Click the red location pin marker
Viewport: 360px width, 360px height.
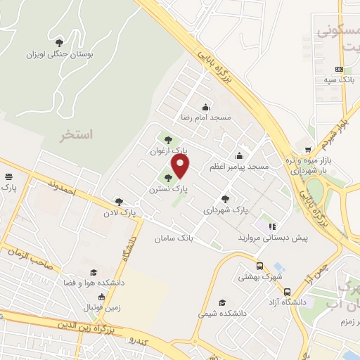[181, 167]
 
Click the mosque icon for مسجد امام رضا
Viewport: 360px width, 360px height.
[205, 108]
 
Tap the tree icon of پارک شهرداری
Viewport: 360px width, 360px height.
[225, 199]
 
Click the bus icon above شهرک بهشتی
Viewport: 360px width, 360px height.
[260, 266]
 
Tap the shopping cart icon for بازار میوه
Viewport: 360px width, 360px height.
[308, 149]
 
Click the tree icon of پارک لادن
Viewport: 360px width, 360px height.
[118, 201]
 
